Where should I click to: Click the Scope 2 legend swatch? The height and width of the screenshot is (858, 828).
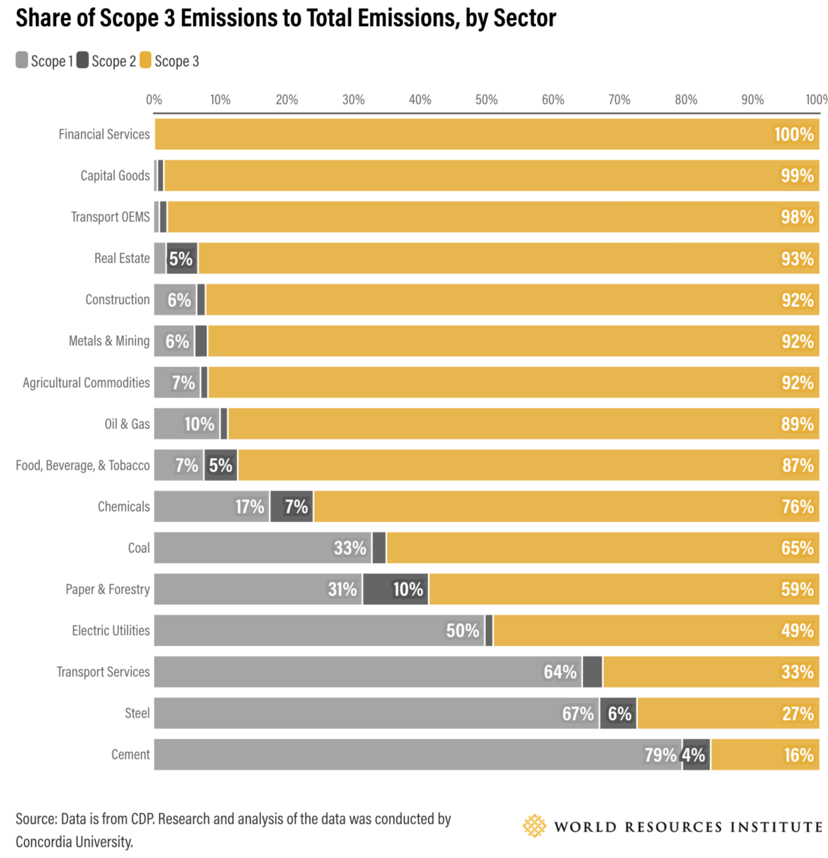point(83,60)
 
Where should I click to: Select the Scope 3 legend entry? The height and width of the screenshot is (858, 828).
point(170,61)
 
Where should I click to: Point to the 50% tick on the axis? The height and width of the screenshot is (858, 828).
point(487,100)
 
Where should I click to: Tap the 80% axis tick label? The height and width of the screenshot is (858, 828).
point(686,100)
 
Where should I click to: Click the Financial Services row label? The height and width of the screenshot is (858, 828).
point(104,135)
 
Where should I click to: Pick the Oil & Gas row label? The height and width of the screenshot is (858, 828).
point(127,424)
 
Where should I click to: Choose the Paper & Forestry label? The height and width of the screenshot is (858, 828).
point(107,589)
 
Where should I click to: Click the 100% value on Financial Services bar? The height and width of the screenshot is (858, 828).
point(794,135)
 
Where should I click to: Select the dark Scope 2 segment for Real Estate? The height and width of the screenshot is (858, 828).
point(182,258)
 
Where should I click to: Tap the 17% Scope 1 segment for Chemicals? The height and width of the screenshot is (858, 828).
point(212,506)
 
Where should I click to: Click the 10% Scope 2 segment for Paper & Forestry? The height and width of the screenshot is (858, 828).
point(396,589)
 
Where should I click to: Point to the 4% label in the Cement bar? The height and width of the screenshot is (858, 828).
point(694,755)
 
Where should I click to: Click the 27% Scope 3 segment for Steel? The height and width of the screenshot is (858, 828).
point(728,713)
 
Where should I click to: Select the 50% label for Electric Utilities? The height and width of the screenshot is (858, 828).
point(462,630)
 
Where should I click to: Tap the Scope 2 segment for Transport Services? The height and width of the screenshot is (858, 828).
point(592,672)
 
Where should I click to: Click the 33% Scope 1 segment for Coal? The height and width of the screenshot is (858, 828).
point(262,548)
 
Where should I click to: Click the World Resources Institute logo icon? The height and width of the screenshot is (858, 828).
point(534,826)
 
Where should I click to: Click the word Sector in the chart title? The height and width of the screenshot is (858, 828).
point(524,18)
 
